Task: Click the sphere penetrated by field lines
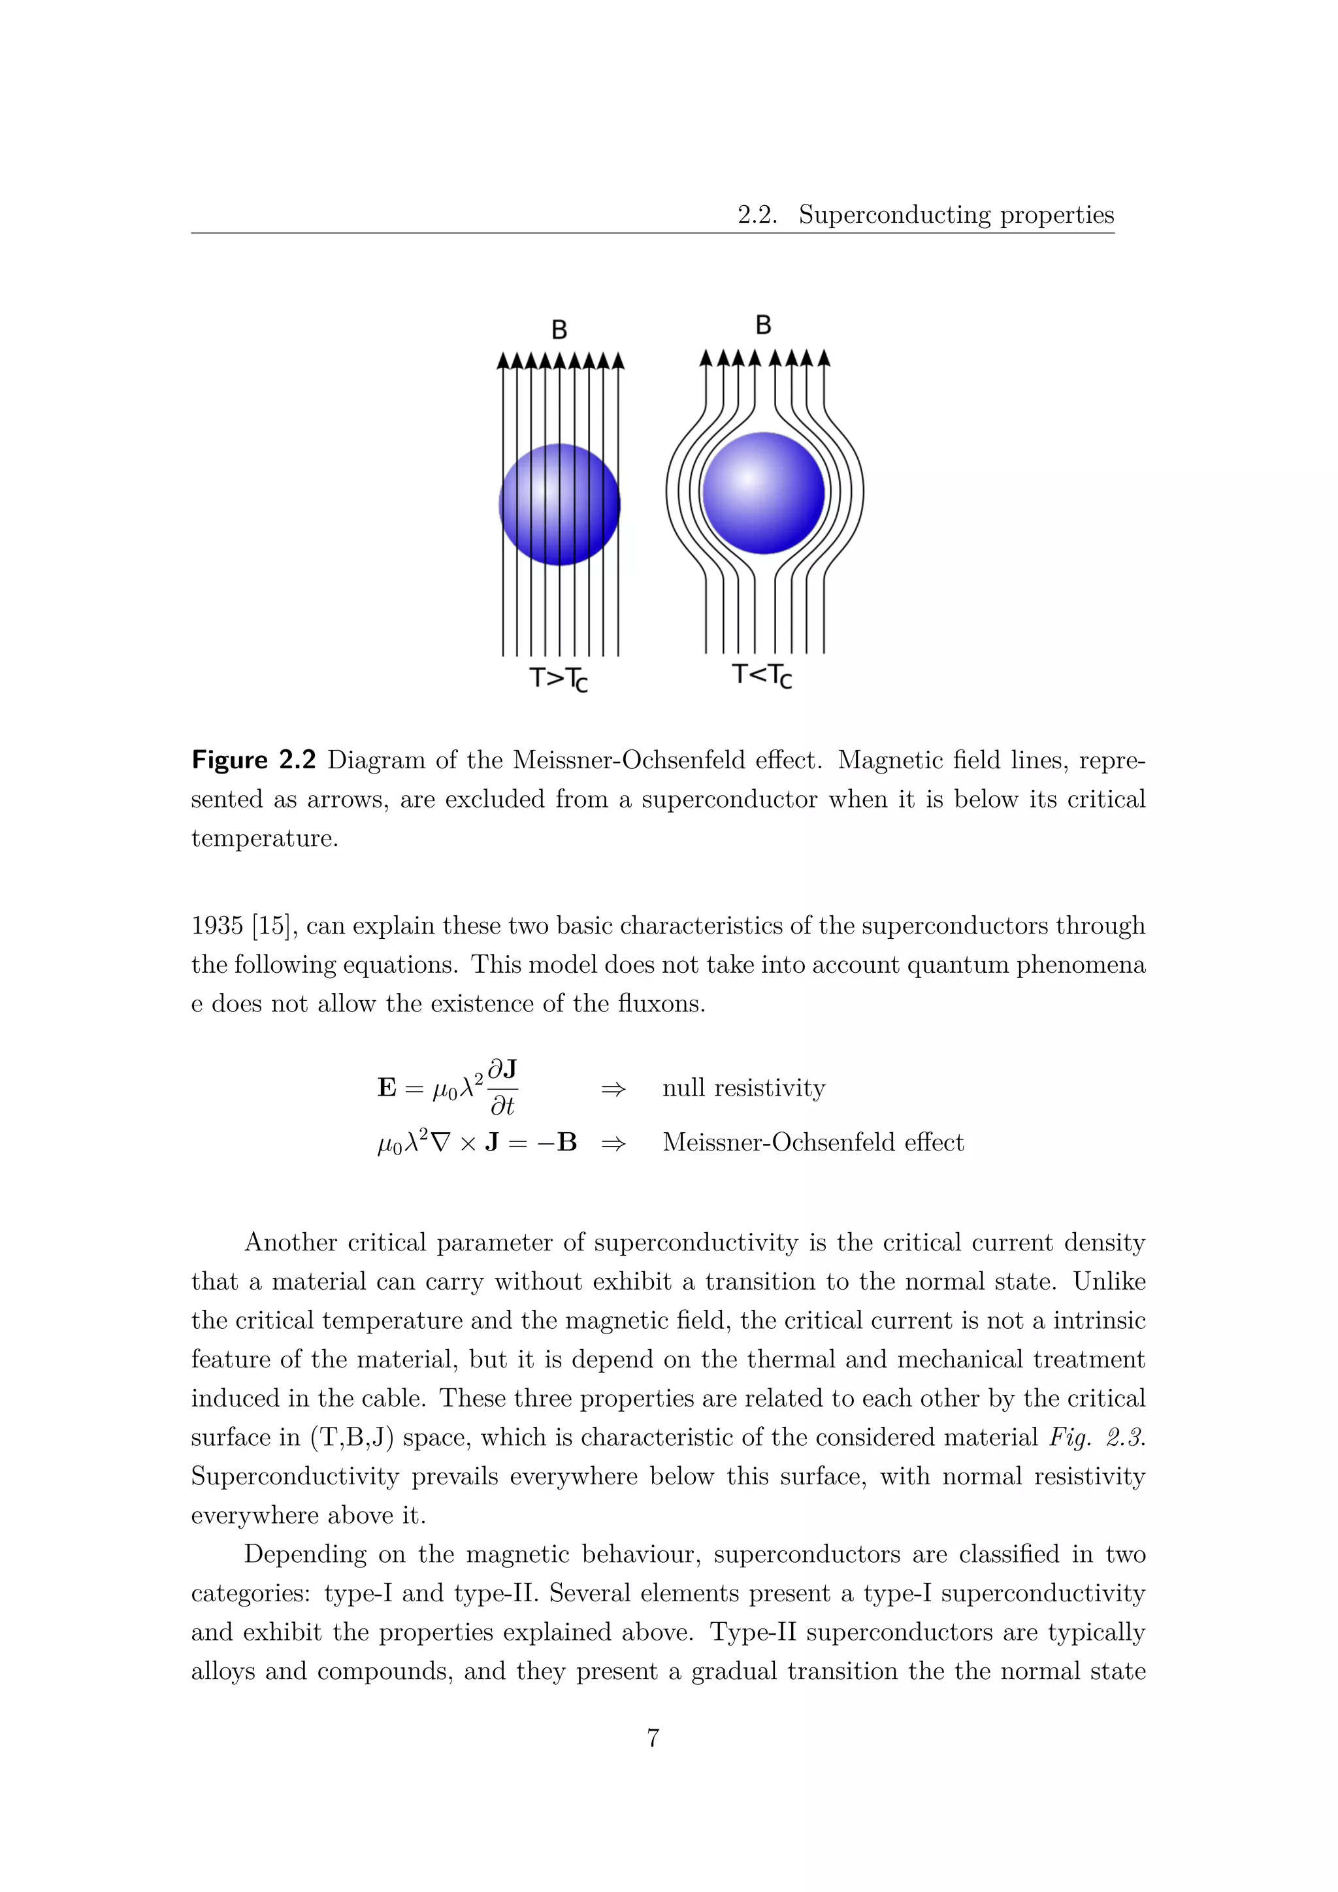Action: click(x=559, y=504)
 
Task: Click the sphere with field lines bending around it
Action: click(x=763, y=493)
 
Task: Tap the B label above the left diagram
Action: click(x=559, y=330)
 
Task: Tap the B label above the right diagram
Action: click(x=763, y=325)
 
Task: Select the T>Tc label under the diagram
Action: click(x=559, y=679)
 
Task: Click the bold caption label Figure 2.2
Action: click(x=253, y=760)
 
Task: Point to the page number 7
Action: click(x=653, y=1738)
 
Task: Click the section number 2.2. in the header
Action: click(x=757, y=215)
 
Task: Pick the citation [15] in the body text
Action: click(x=272, y=925)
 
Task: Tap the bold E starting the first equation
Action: click(x=386, y=1088)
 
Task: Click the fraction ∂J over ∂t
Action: click(x=502, y=1088)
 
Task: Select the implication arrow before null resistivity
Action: click(x=613, y=1088)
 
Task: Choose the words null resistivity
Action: click(x=743, y=1088)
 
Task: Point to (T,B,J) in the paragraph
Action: click(x=351, y=1438)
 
